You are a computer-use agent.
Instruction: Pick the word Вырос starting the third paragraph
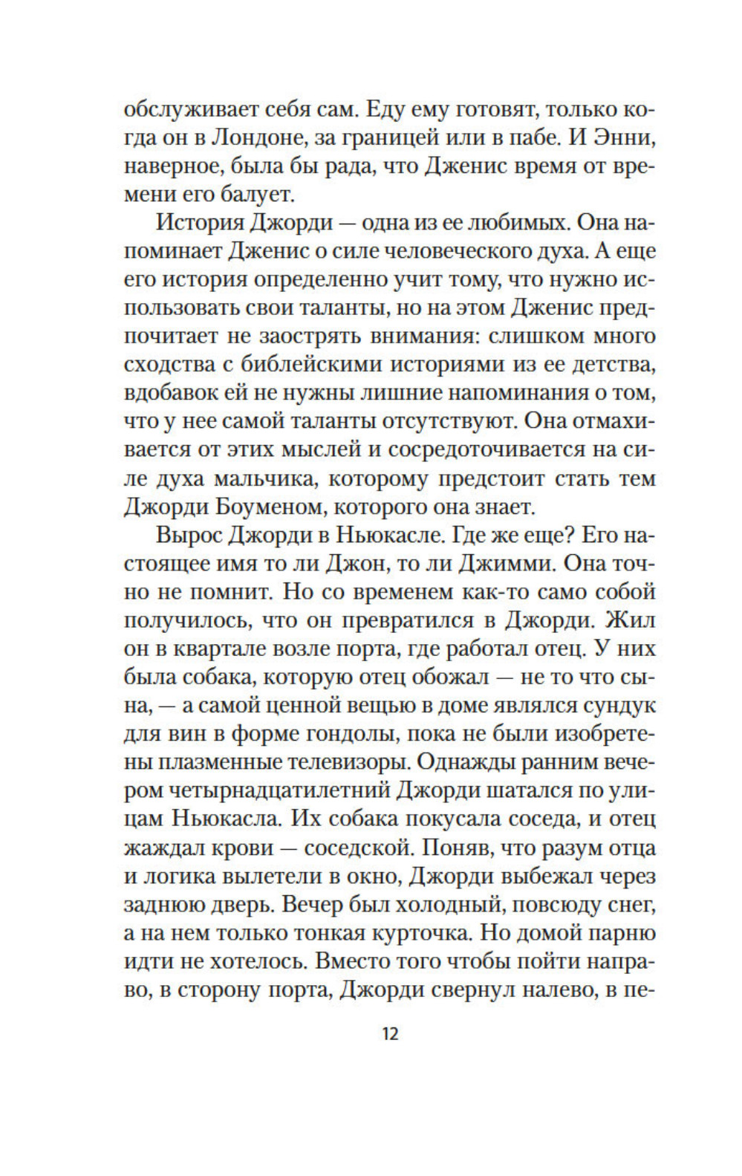(188, 535)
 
